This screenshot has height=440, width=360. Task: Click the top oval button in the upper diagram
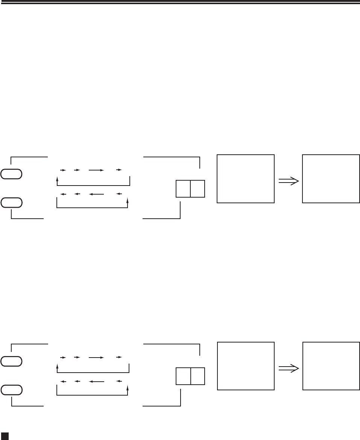[12, 174]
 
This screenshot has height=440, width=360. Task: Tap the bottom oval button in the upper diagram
[12, 202]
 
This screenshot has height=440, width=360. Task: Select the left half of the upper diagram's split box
[183, 189]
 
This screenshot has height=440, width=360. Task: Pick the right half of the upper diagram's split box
[197, 189]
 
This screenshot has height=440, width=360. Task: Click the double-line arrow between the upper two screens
[289, 181]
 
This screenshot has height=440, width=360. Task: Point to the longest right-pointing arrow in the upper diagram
[96, 170]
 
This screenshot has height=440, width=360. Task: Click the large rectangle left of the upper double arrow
[246, 179]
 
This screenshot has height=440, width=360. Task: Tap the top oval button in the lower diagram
[12, 362]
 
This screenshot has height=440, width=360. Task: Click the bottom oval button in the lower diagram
[12, 390]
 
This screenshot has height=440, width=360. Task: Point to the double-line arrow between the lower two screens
[289, 369]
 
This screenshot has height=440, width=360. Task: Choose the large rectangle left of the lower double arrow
[246, 366]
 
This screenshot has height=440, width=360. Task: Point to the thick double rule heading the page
[180, 3]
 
